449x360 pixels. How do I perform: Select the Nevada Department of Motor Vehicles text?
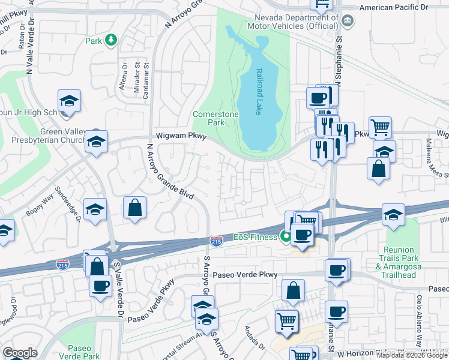click(296, 22)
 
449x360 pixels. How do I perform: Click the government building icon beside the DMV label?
click(347, 21)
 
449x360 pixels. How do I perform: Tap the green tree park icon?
click(110, 40)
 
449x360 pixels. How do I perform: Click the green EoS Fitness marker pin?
click(286, 237)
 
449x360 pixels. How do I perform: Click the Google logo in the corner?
click(20, 353)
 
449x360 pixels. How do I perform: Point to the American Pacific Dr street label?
click(394, 7)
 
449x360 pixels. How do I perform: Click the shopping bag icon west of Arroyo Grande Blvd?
click(135, 208)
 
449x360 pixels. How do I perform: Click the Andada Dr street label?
click(255, 338)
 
